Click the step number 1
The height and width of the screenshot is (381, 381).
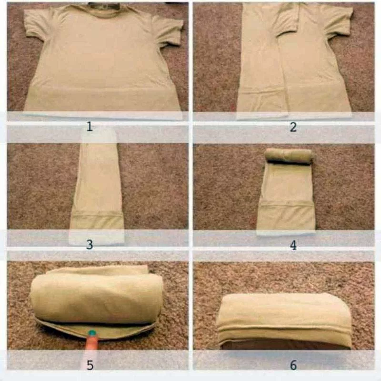(x=90, y=127)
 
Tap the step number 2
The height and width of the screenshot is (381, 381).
(x=293, y=127)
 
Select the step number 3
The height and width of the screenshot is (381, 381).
(x=90, y=244)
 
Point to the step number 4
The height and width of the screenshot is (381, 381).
(x=293, y=245)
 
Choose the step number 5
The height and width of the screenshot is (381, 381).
(x=90, y=365)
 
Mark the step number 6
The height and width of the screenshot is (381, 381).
(x=293, y=365)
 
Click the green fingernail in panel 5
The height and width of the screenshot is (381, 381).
(x=92, y=332)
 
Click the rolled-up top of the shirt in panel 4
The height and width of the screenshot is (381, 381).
(x=289, y=156)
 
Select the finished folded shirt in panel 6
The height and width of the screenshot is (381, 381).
(x=285, y=321)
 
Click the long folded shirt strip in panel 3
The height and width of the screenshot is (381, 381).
(x=97, y=192)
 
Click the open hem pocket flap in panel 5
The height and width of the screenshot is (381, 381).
(x=96, y=331)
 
